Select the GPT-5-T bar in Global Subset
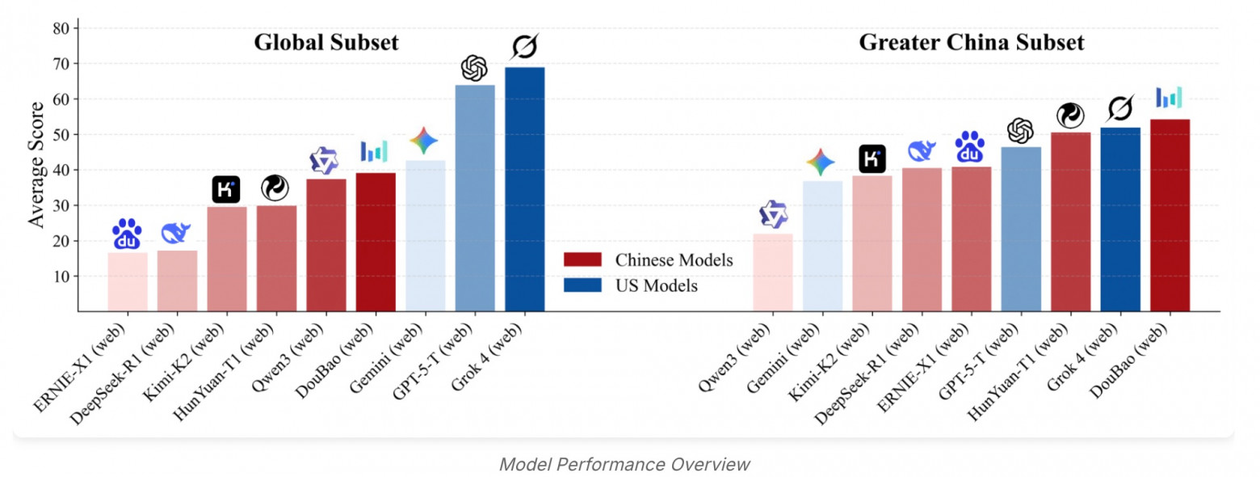pyautogui.click(x=475, y=198)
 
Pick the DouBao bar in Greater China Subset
pyautogui.click(x=1170, y=215)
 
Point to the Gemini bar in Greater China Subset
pyautogui.click(x=822, y=246)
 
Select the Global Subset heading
pyautogui.click(x=326, y=43)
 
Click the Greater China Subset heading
pyautogui.click(x=971, y=43)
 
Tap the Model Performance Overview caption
pyautogui.click(x=624, y=464)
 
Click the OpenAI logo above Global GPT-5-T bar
pyautogui.click(x=474, y=68)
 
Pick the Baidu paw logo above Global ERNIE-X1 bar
pyautogui.click(x=127, y=234)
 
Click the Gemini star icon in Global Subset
pyautogui.click(x=424, y=141)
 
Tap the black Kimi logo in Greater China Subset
pyautogui.click(x=871, y=158)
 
